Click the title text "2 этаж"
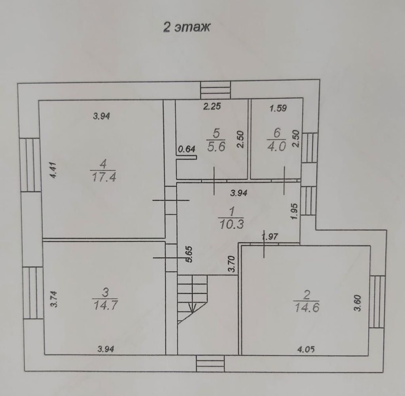(x=187, y=27)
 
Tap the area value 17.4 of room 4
(x=104, y=177)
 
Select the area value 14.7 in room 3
(x=105, y=305)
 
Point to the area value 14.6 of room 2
(x=307, y=308)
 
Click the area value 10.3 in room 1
(x=231, y=224)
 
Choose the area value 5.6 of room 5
(x=216, y=146)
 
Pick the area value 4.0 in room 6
(x=276, y=146)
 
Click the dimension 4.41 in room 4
(x=53, y=170)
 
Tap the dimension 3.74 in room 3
(x=54, y=299)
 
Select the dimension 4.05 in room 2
(x=306, y=349)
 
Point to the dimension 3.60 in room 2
(x=357, y=303)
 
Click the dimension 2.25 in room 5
(x=212, y=107)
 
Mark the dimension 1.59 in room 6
(x=278, y=108)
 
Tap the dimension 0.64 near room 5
(x=187, y=149)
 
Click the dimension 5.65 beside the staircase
(x=189, y=254)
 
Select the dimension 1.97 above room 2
(x=271, y=236)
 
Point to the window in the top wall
(x=216, y=90)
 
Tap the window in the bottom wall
(x=210, y=364)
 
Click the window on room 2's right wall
(x=377, y=302)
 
